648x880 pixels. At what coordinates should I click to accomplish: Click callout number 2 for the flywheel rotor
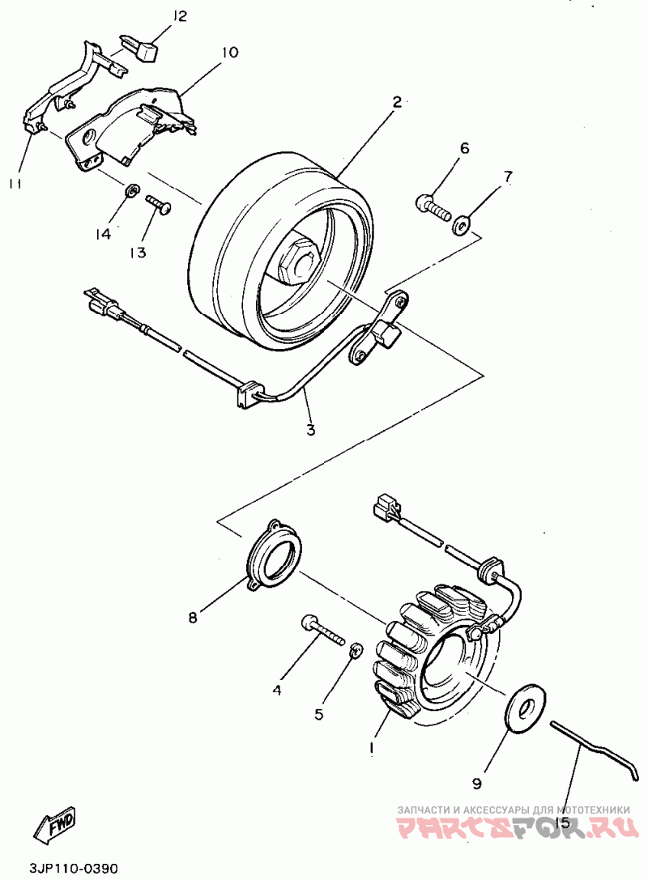tap(397, 102)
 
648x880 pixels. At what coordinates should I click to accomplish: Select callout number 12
tap(179, 15)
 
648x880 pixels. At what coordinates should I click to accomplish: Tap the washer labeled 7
tap(461, 223)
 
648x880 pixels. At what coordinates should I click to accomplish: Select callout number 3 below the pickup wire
tap(311, 429)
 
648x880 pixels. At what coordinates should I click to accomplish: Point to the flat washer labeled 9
tap(526, 704)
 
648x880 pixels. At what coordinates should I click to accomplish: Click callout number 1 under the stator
tap(372, 749)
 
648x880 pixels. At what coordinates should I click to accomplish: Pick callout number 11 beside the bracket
tap(15, 183)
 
